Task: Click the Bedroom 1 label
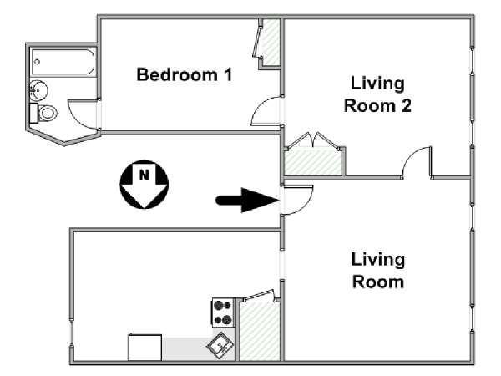(185, 74)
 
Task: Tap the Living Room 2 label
(377, 94)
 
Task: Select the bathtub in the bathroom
(63, 62)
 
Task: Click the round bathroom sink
(38, 90)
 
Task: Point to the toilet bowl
(48, 113)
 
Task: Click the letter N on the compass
(144, 175)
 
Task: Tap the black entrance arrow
(247, 201)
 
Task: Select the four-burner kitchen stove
(223, 312)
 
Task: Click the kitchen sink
(220, 345)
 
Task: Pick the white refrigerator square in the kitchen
(144, 348)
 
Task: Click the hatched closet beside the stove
(260, 331)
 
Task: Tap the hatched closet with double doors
(313, 162)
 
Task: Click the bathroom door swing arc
(74, 119)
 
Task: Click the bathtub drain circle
(38, 62)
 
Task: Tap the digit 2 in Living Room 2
(406, 106)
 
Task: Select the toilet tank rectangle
(34, 113)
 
